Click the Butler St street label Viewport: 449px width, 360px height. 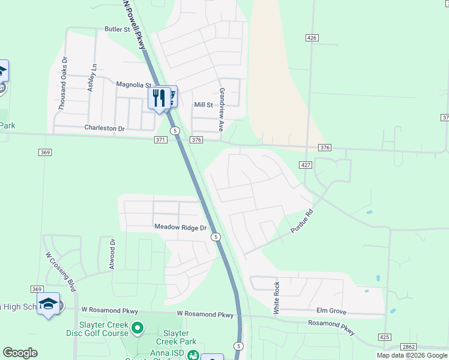(x=117, y=29)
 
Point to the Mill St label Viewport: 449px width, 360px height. (x=203, y=105)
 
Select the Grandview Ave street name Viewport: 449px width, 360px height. (x=221, y=110)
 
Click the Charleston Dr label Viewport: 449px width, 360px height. (x=104, y=128)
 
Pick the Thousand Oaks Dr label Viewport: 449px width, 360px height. (x=62, y=83)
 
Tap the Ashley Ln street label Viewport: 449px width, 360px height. (x=92, y=77)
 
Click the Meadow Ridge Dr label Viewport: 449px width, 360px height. (x=180, y=227)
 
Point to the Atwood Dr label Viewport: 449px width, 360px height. (x=112, y=253)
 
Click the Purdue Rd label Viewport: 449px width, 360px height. (x=303, y=223)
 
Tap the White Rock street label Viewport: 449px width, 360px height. (x=277, y=298)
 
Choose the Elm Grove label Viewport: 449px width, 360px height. (x=331, y=311)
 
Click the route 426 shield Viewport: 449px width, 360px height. (x=311, y=38)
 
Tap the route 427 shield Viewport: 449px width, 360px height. (x=305, y=165)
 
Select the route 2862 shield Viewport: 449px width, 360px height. (x=409, y=347)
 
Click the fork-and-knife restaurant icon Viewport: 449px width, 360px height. (x=159, y=97)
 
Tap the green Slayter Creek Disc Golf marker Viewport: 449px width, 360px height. (x=137, y=328)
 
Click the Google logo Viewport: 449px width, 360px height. (x=20, y=353)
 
